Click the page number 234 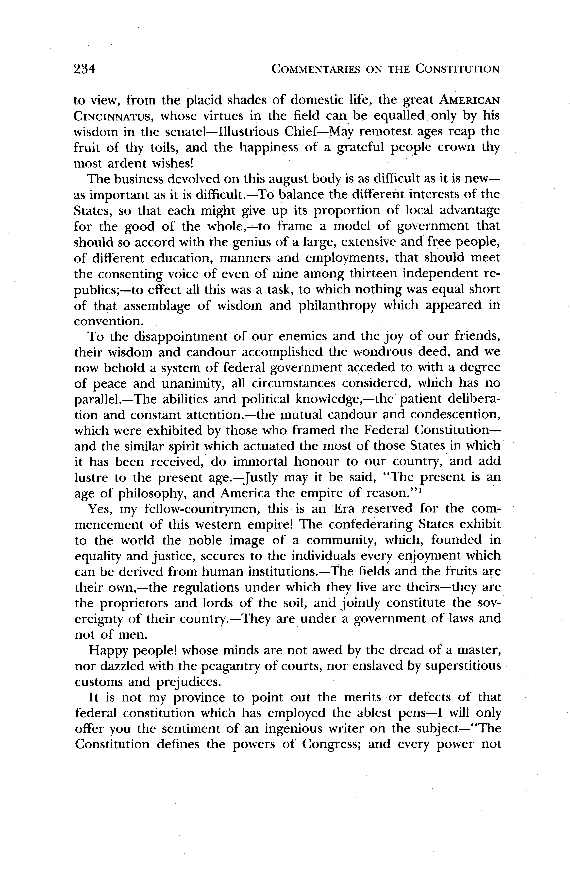[85, 69]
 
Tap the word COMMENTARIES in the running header [315, 69]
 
